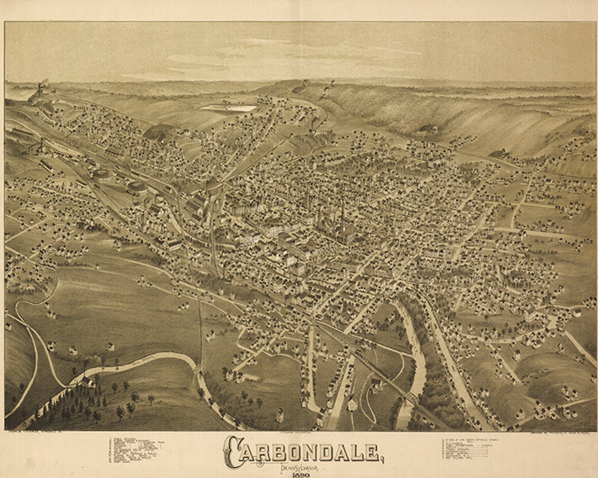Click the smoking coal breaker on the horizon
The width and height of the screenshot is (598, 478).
tap(39, 91)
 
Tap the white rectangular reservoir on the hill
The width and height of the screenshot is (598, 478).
tap(229, 108)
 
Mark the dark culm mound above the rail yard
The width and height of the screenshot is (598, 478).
tap(158, 132)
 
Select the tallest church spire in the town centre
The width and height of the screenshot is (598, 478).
tap(342, 213)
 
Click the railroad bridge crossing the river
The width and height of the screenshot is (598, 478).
tap(410, 399)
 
